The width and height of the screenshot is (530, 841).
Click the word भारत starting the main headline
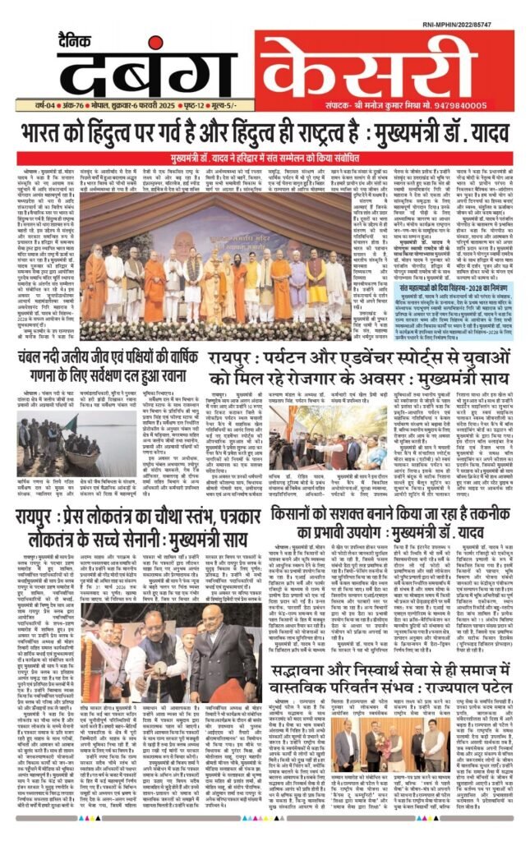tap(67, 131)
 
